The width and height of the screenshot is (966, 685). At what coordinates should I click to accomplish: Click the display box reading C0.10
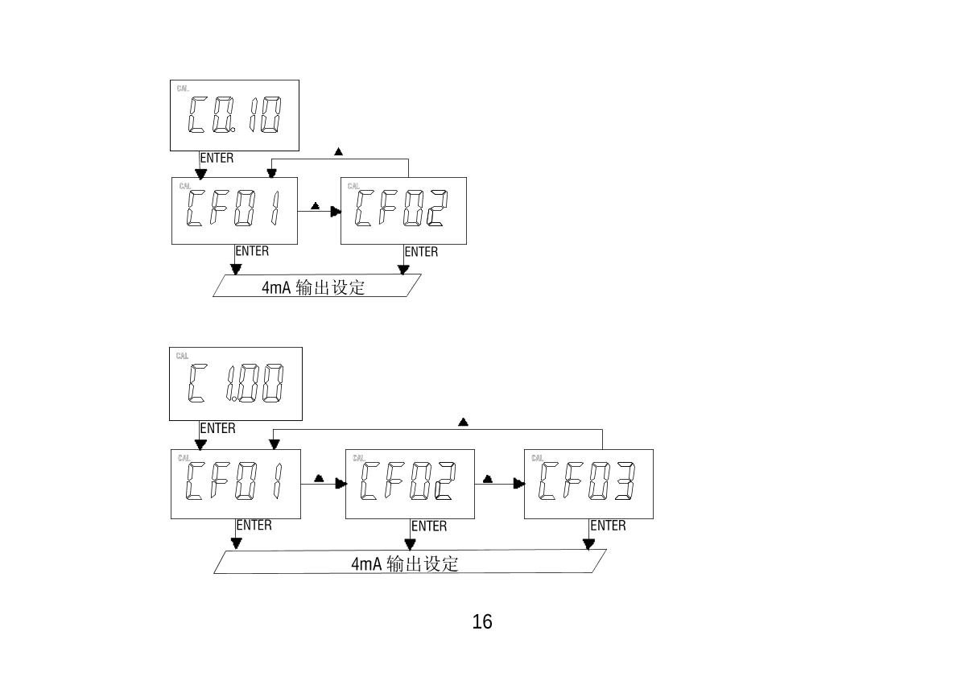pyautogui.click(x=234, y=115)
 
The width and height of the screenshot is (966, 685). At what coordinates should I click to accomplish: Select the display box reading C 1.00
pyautogui.click(x=236, y=384)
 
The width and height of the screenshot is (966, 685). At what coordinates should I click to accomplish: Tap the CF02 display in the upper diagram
pyautogui.click(x=403, y=210)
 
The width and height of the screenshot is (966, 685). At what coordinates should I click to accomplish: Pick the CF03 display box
pyautogui.click(x=588, y=484)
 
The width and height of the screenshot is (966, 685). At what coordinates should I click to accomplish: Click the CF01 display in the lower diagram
pyautogui.click(x=236, y=484)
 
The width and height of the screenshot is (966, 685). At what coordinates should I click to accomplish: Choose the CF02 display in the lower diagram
pyautogui.click(x=410, y=484)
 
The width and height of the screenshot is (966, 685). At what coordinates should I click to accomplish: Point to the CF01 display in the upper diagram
pyautogui.click(x=235, y=210)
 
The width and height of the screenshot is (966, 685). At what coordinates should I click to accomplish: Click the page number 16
pyautogui.click(x=482, y=621)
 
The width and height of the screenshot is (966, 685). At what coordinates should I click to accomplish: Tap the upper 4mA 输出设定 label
pyautogui.click(x=313, y=287)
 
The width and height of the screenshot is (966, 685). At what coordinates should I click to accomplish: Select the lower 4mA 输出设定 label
pyautogui.click(x=405, y=563)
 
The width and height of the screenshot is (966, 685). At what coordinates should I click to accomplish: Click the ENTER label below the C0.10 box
pyautogui.click(x=217, y=158)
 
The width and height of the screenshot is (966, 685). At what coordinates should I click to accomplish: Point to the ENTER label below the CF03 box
pyautogui.click(x=608, y=526)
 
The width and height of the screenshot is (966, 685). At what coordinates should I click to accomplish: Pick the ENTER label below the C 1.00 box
pyautogui.click(x=217, y=428)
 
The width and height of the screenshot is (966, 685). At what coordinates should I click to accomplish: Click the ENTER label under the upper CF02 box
pyautogui.click(x=421, y=252)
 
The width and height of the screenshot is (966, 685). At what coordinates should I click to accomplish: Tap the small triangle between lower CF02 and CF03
pyautogui.click(x=488, y=479)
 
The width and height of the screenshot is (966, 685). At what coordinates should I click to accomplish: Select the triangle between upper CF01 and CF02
pyautogui.click(x=315, y=205)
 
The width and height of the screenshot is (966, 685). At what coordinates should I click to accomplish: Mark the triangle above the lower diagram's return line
pyautogui.click(x=463, y=422)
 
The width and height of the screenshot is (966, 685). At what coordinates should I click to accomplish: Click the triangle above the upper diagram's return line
pyautogui.click(x=338, y=151)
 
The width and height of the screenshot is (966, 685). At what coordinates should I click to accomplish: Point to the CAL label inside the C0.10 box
pyautogui.click(x=183, y=89)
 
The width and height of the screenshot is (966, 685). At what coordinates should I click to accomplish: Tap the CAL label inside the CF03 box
pyautogui.click(x=537, y=458)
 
